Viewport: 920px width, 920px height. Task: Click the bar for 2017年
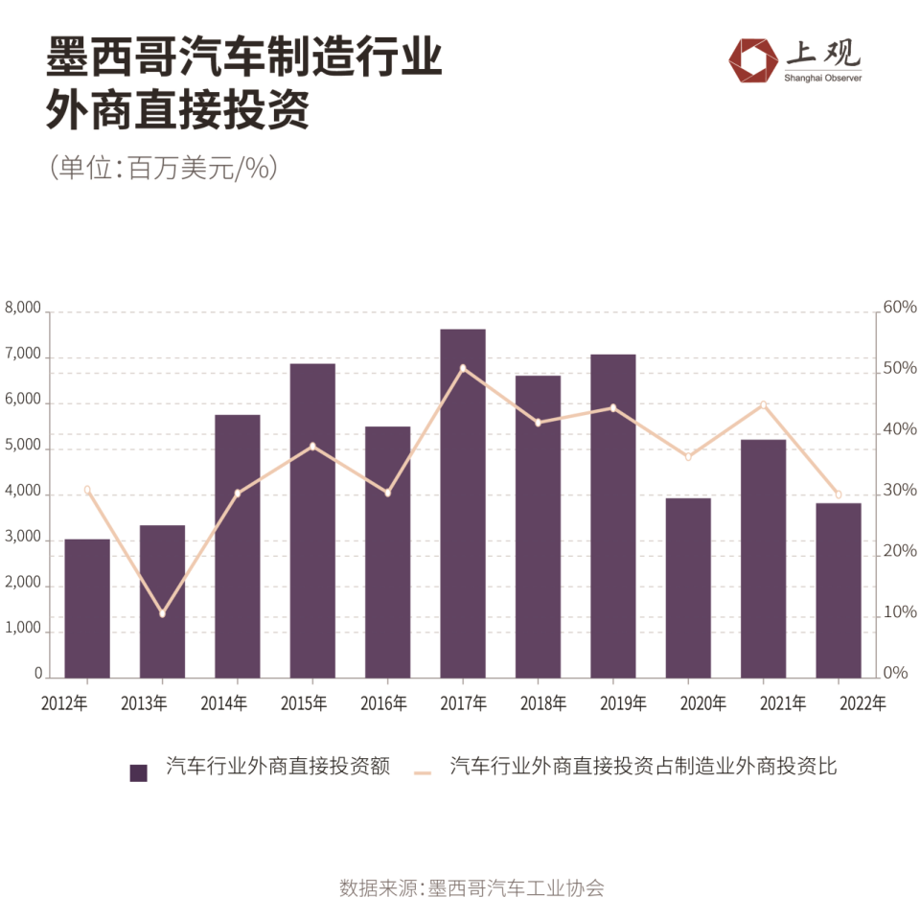coord(463,503)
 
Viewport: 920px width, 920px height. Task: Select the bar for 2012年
coord(87,608)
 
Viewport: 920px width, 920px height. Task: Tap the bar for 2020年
coord(688,587)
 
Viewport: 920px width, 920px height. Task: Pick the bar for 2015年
coord(312,520)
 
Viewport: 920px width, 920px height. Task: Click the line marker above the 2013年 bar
coord(162,613)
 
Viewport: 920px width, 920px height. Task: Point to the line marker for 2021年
coord(763,404)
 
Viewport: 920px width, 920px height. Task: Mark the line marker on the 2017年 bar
coord(463,368)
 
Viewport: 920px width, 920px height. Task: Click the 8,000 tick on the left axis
coord(24,309)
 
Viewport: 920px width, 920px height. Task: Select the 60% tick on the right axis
coord(899,308)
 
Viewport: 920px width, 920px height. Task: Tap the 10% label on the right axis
coord(899,612)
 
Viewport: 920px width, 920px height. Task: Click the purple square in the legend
coord(139,772)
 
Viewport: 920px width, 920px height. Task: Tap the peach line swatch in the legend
coord(426,771)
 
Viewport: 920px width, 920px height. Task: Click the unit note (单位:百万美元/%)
coord(163,169)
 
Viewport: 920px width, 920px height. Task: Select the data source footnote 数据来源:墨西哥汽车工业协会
coord(471,887)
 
